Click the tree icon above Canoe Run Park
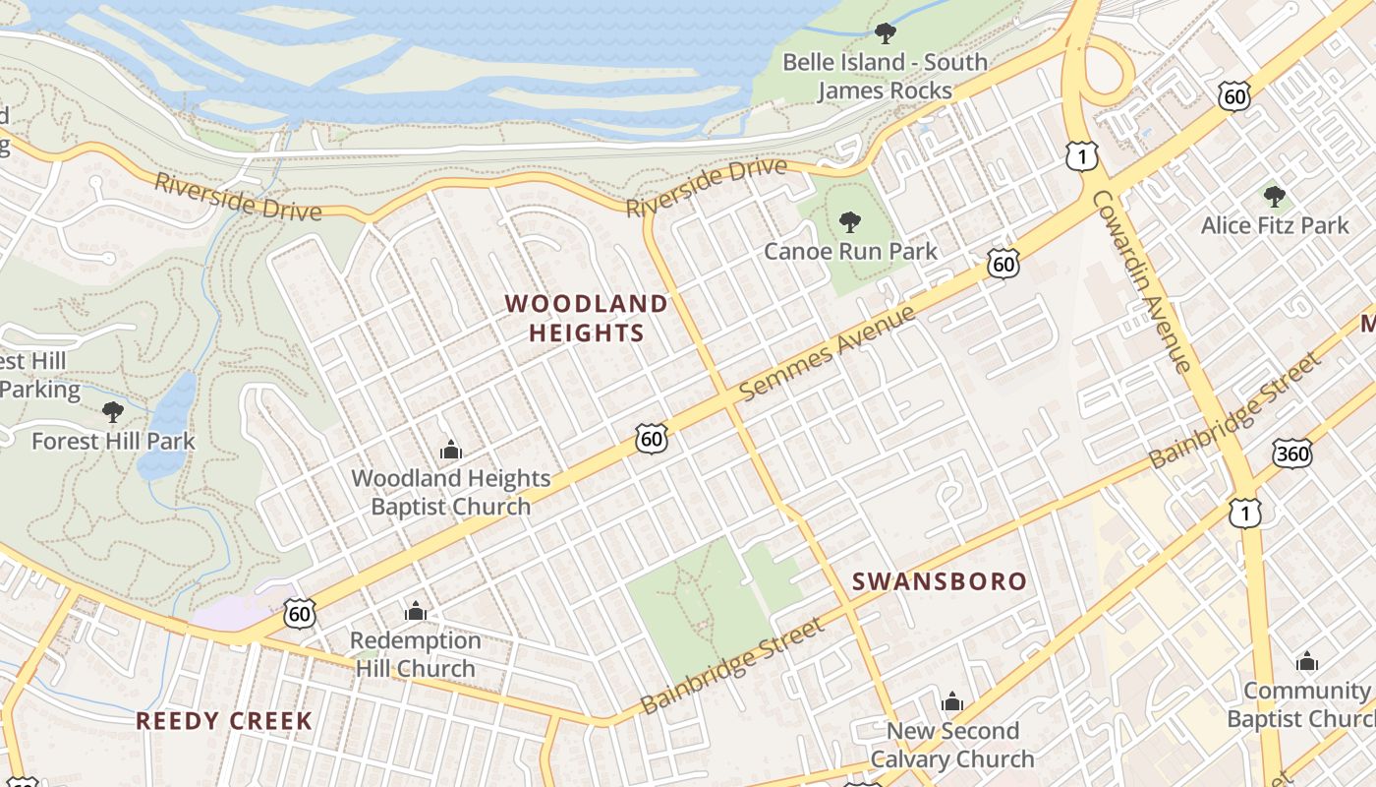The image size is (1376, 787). click(850, 221)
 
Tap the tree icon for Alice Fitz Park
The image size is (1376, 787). click(1275, 197)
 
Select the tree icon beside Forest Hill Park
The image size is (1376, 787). click(113, 411)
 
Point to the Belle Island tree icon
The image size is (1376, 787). click(885, 33)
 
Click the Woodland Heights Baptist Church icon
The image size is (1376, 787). click(451, 451)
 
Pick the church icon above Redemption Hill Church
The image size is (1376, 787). click(416, 612)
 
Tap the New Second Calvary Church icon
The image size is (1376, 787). click(951, 702)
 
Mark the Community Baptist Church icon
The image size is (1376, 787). click(1306, 662)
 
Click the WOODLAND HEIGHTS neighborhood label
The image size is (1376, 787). click(587, 318)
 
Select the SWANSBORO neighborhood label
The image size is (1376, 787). click(939, 581)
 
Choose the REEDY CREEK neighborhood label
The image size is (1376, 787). click(224, 721)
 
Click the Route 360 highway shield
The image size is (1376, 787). click(1291, 453)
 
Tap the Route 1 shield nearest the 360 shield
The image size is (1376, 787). click(1244, 512)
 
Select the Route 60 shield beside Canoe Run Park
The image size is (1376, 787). click(1003, 264)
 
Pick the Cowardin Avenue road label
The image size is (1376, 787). click(1142, 280)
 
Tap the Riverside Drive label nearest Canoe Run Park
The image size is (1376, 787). click(707, 187)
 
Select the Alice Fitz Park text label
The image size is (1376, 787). click(1275, 225)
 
